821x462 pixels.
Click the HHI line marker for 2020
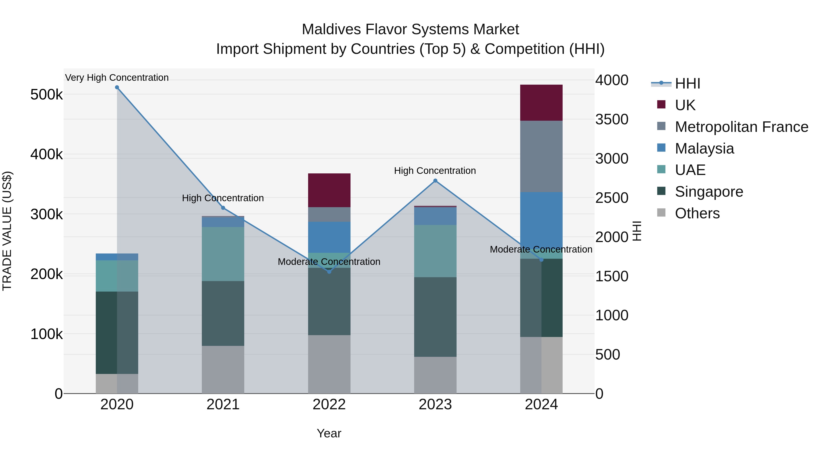point(117,87)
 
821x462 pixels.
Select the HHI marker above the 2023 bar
point(435,181)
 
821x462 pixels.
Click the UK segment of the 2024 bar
point(541,103)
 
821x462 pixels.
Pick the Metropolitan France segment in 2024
point(541,156)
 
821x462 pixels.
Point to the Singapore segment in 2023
point(435,317)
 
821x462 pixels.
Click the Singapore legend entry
point(709,192)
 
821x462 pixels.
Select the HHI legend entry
point(687,84)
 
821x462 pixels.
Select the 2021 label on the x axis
point(223,405)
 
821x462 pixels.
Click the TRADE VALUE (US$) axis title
point(7,231)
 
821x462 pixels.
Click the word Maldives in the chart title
point(331,29)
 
